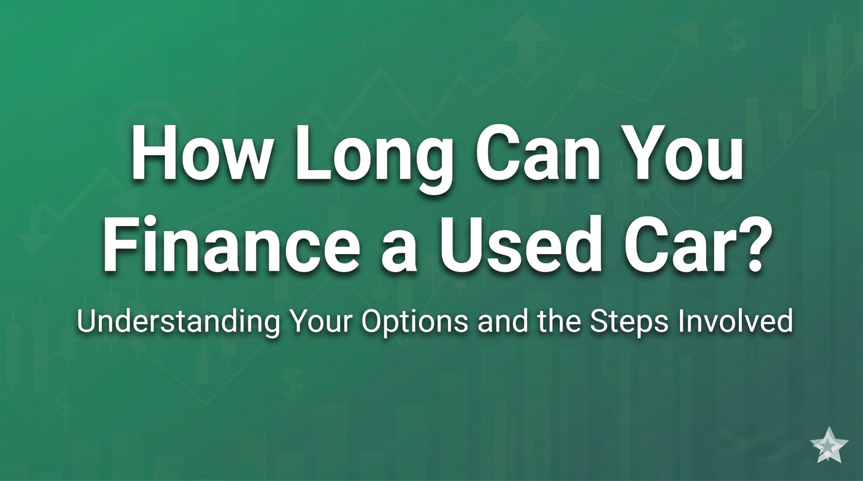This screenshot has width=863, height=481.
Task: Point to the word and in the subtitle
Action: coord(498,322)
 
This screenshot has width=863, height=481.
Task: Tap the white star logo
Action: coord(829,444)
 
